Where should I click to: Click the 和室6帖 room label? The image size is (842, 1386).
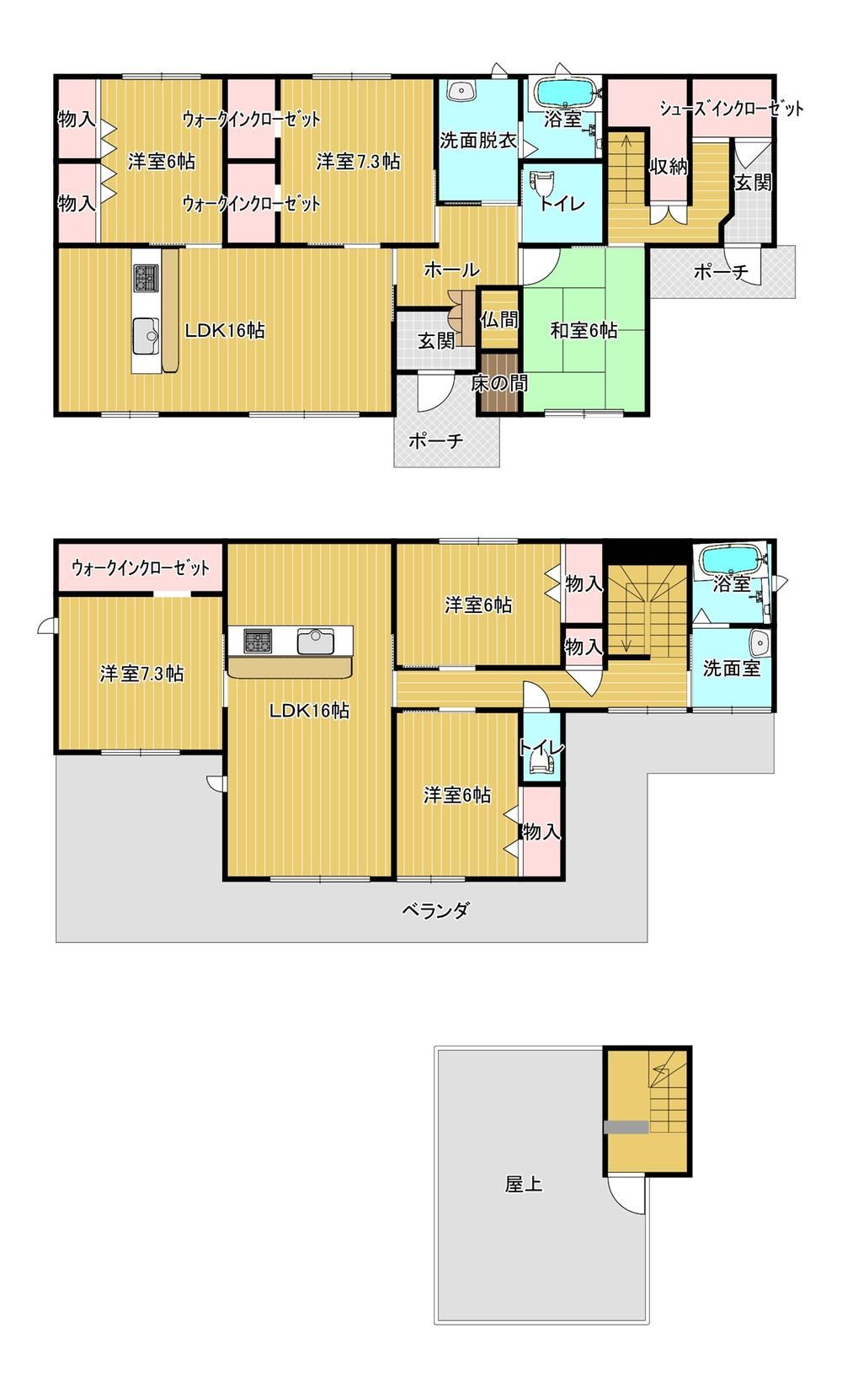tap(584, 330)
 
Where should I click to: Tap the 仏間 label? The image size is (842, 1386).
tap(499, 319)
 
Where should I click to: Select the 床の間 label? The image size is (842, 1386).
tap(498, 384)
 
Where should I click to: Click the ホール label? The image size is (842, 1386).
tap(451, 269)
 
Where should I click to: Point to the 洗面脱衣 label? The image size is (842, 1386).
tap(477, 140)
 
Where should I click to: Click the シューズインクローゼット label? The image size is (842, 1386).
tap(731, 109)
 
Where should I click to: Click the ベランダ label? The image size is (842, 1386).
tap(435, 910)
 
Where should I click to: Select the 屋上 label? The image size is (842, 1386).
tap(524, 1184)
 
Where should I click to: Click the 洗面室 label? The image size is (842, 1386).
tap(731, 669)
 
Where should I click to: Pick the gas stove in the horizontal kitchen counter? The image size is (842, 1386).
tap(258, 641)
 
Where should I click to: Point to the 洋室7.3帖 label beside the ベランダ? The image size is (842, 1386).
tap(141, 673)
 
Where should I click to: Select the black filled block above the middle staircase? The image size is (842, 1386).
tap(647, 552)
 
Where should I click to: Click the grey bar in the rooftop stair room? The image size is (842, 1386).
tap(626, 1127)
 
